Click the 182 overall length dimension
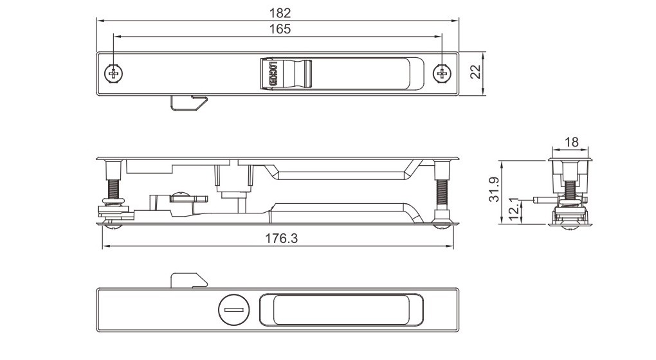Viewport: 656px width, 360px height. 278,13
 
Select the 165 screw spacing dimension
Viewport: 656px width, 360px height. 278,29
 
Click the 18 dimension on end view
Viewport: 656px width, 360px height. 571,142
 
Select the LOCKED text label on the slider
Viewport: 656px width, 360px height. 273,74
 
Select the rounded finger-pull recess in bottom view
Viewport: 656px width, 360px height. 342,309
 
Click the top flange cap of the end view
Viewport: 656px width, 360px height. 571,156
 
